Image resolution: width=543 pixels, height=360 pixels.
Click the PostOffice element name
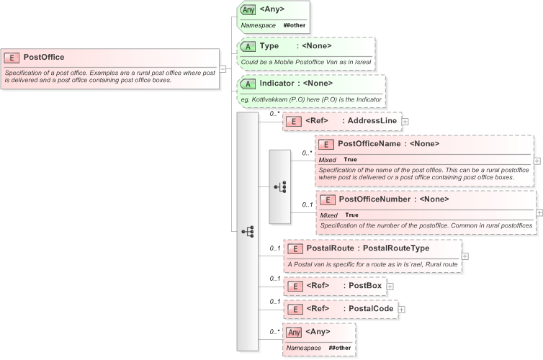tap(44, 57)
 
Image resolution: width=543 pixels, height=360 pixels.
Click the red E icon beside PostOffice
tap(12, 58)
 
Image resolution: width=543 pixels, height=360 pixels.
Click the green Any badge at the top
tap(248, 9)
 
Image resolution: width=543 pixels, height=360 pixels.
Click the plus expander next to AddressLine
tap(405, 121)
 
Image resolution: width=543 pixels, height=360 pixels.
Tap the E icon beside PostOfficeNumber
tap(328, 199)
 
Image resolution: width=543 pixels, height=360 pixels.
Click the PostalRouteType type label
tap(395, 248)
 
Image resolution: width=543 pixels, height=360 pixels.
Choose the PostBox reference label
tap(364, 286)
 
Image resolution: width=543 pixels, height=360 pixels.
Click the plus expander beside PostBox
tap(390, 286)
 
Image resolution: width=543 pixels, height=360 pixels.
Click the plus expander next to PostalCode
tap(402, 309)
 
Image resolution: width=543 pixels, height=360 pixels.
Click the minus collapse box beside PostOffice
tap(223, 69)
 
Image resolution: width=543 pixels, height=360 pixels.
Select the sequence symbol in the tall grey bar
tap(248, 231)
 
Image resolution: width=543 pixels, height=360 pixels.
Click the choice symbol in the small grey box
tap(280, 186)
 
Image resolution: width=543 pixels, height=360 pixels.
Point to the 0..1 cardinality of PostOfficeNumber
tap(307, 204)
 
